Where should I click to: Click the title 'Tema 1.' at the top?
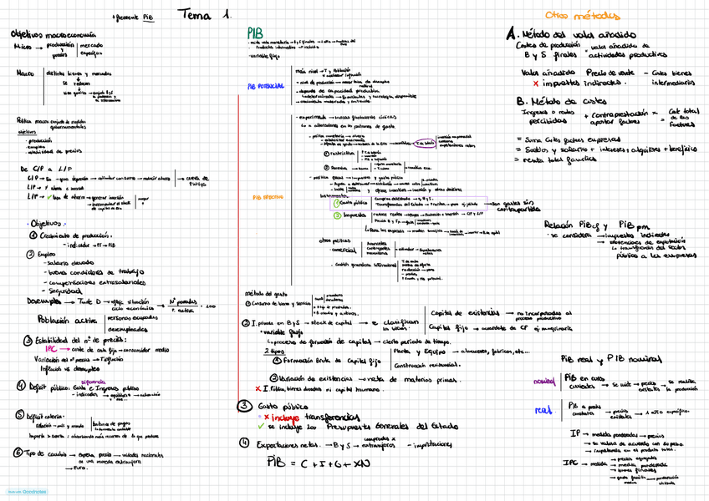click(205, 14)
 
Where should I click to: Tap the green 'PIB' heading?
click(256, 32)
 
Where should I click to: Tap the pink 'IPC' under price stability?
click(52, 350)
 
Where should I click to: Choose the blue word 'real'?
click(543, 410)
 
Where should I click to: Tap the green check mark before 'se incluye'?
click(261, 426)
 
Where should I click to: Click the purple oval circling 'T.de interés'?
click(424, 143)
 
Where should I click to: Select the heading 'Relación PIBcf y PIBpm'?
click(594, 225)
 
